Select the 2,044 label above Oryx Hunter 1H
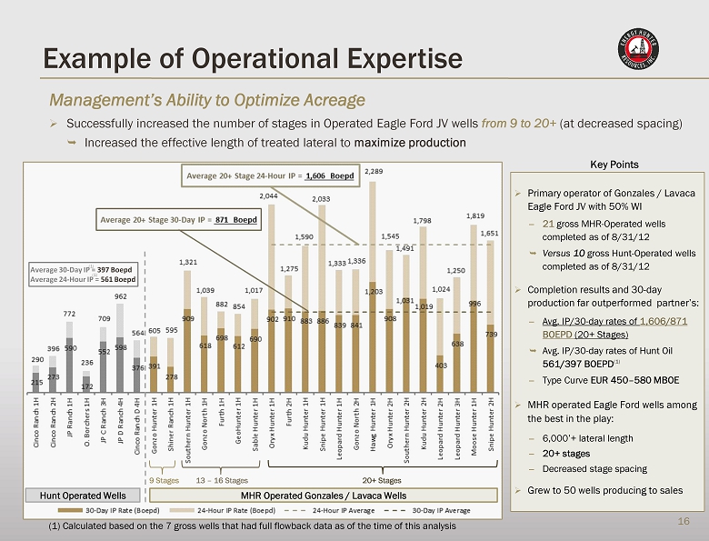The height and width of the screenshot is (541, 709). point(269,195)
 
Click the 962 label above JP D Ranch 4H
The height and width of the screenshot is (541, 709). point(120,296)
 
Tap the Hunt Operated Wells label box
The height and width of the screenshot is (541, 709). point(82,495)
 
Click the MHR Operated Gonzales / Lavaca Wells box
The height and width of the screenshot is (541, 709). point(323,495)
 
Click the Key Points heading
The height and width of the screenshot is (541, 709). point(614,165)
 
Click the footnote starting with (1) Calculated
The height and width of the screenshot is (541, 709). point(251,526)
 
